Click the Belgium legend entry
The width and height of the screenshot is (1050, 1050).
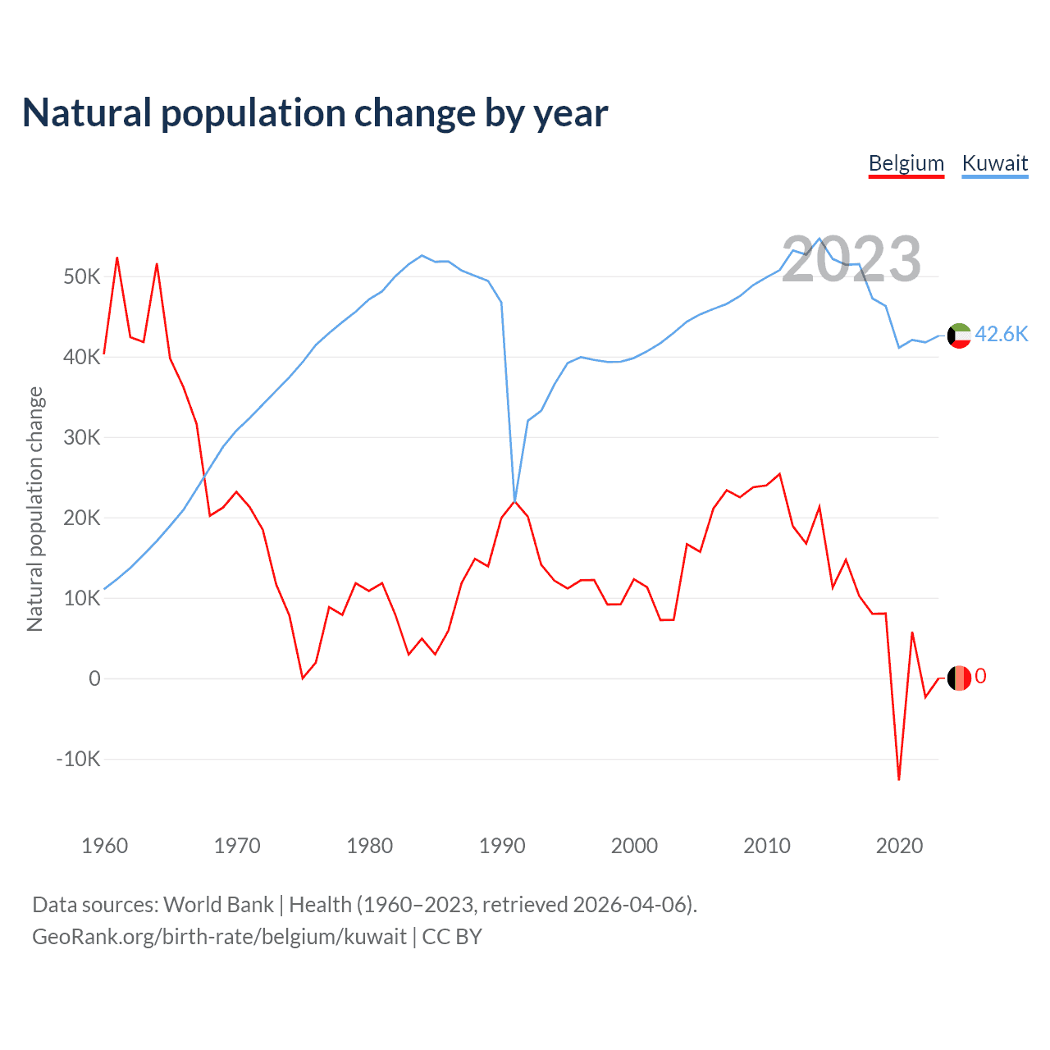coord(906,163)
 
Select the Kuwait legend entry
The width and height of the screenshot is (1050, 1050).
coord(994,163)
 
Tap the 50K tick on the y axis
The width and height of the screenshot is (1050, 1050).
coord(82,276)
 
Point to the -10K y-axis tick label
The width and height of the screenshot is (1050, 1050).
coord(78,759)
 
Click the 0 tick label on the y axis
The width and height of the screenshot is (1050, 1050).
coord(94,678)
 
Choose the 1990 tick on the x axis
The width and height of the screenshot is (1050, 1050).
coord(502,846)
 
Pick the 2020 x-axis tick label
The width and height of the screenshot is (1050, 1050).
coord(899,846)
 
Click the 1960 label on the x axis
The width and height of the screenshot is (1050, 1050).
coord(105,846)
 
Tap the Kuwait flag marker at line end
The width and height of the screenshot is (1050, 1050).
coord(959,336)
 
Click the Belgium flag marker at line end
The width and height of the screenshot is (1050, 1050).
coord(959,678)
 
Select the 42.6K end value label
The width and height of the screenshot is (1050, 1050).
coord(1001,334)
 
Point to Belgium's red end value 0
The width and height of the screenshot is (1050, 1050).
coord(980,677)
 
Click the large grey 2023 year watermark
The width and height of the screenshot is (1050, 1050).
coord(851,259)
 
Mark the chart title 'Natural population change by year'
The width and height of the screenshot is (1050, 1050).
coord(315,113)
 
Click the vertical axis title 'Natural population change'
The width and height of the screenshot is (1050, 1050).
coord(35,509)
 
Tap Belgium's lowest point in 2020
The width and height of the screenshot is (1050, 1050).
coord(899,779)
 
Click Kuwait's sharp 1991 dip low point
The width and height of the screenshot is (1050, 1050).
coord(514,500)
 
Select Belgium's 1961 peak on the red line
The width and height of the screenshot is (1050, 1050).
coord(117,258)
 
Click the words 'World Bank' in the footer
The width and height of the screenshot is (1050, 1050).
coord(218,905)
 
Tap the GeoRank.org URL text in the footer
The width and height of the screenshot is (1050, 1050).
coord(219,937)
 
